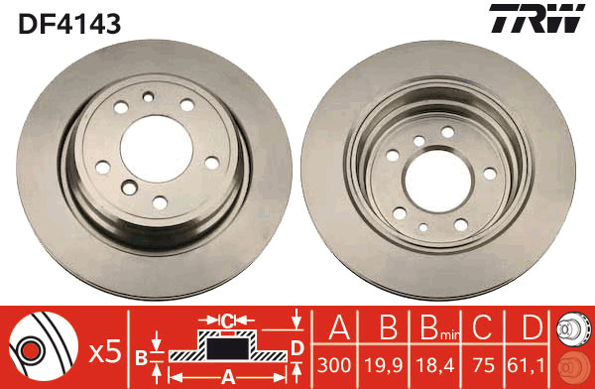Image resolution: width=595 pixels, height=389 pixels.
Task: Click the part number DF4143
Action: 69,23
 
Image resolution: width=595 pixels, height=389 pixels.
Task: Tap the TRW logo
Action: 536,18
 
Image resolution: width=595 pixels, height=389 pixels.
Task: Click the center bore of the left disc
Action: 157,149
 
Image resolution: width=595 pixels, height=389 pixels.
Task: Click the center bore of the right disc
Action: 438,181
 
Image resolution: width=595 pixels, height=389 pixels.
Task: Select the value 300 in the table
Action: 334,365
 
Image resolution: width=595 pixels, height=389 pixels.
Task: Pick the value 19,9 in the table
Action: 383,365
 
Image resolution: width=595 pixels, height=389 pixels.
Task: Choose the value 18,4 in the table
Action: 435,365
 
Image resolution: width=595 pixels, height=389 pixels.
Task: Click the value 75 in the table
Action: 484,365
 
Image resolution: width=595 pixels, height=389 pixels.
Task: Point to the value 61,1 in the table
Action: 526,365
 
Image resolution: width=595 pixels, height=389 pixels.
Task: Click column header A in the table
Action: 339,327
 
